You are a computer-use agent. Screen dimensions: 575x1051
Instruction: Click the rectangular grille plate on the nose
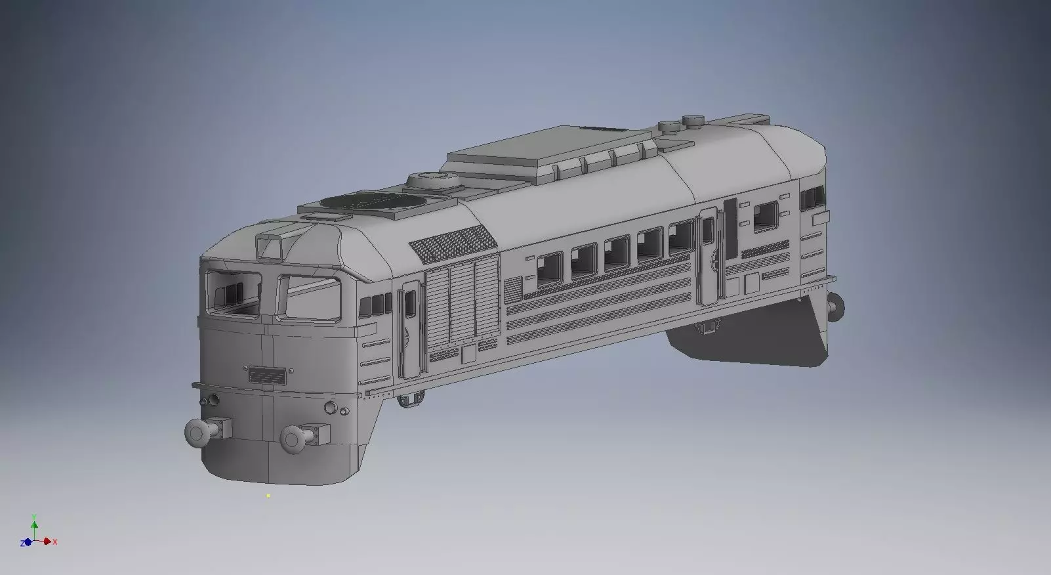click(268, 375)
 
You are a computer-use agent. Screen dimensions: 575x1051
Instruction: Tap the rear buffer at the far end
click(836, 307)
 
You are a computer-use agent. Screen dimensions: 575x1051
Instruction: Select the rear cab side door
click(707, 256)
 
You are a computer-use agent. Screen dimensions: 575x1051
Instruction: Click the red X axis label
click(55, 542)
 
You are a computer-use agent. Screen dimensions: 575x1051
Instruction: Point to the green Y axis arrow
click(34, 522)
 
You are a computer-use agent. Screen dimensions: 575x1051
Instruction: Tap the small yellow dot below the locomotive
click(268, 496)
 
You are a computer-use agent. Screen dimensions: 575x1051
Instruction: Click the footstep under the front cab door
click(413, 398)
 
